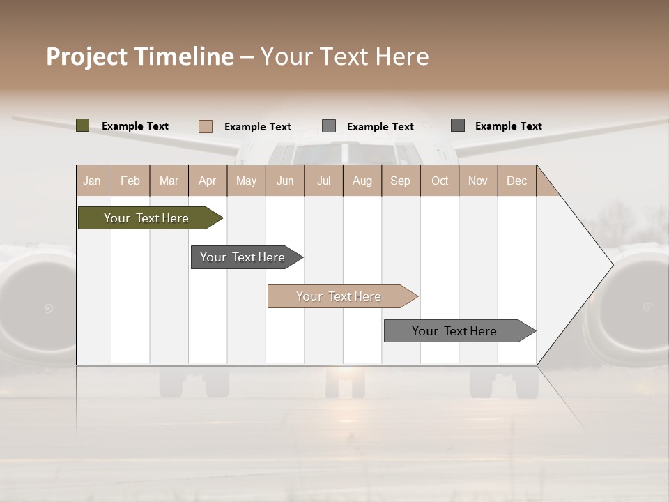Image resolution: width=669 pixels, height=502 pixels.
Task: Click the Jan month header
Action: [x=93, y=181]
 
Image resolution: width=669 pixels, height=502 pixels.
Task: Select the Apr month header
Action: [x=208, y=181]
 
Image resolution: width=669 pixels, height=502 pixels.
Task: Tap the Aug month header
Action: [x=362, y=181]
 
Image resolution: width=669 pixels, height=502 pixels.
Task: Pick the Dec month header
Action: [x=516, y=181]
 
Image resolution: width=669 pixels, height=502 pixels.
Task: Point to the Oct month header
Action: [x=440, y=181]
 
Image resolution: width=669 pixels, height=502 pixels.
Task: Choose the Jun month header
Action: [x=285, y=181]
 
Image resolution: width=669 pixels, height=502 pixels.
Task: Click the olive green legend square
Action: [x=82, y=125]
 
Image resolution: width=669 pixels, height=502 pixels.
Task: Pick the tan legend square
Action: [x=205, y=126]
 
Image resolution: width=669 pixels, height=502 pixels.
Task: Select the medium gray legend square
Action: [x=328, y=126]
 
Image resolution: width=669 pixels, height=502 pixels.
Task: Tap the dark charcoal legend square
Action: [x=457, y=125]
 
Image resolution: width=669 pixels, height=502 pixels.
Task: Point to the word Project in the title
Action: [x=87, y=56]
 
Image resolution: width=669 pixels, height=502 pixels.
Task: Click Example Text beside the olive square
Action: [x=135, y=126]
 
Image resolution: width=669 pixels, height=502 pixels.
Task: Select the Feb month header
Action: [x=130, y=181]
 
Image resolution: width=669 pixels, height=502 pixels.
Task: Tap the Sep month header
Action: [x=400, y=181]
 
